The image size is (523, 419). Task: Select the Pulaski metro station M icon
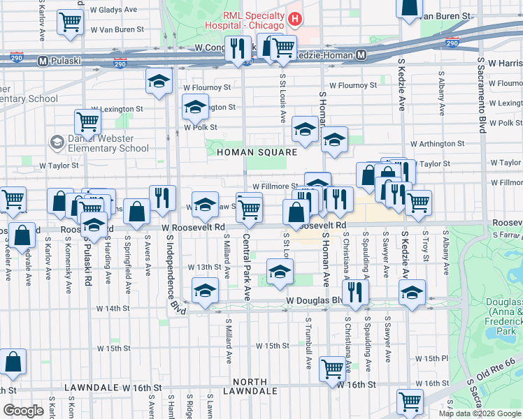(43, 61)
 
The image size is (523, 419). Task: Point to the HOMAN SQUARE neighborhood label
(257, 152)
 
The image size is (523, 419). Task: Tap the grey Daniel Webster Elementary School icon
(56, 142)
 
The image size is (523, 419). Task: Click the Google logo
(23, 411)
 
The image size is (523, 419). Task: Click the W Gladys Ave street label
(113, 10)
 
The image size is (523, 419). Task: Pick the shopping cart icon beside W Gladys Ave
(69, 22)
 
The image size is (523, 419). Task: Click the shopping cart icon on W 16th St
(332, 369)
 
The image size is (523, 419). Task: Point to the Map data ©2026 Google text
(479, 413)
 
